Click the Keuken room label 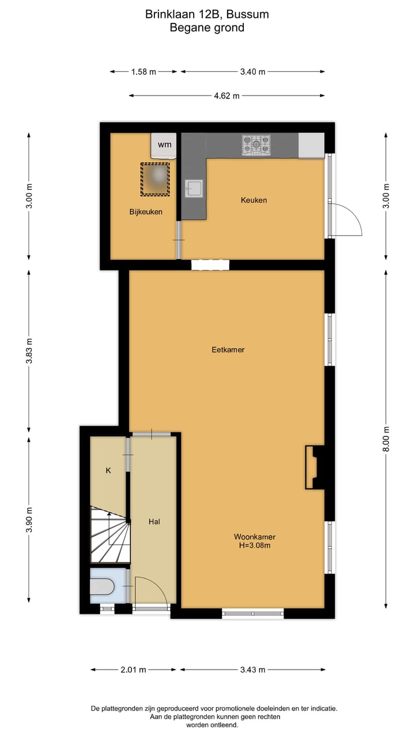click(254, 200)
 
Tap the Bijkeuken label click(145, 211)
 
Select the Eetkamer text click(227, 349)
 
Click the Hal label click(154, 522)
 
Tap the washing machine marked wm click(164, 145)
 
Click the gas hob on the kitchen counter click(256, 145)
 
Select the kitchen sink click(194, 188)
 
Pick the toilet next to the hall click(104, 586)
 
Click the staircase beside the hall click(110, 535)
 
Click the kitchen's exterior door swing click(346, 219)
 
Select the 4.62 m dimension click(227, 96)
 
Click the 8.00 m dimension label click(387, 439)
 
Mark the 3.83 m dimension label click(29, 351)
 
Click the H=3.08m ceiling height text click(254, 546)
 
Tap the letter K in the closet click(108, 470)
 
